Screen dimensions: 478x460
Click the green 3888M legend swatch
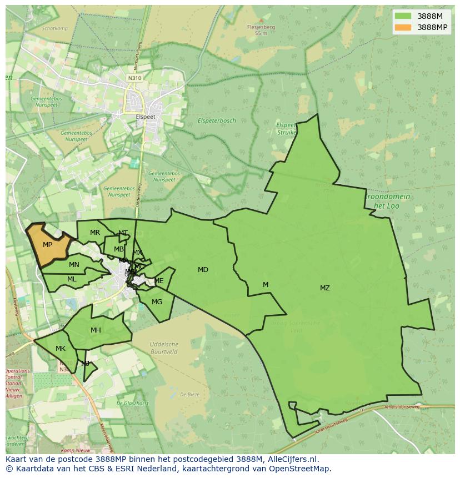[x=403, y=16]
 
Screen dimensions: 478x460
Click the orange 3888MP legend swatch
[x=403, y=27]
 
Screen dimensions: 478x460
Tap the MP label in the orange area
[x=47, y=245]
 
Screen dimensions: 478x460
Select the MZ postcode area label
[x=325, y=288]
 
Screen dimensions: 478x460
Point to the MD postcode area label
[x=203, y=270]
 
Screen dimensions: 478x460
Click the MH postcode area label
[x=96, y=330]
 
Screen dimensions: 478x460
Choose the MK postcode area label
[x=61, y=349]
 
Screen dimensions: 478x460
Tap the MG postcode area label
[x=157, y=302]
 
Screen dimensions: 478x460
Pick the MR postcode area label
[x=95, y=233]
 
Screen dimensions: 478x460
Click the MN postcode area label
[x=74, y=265]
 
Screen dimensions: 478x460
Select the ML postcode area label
[x=72, y=279]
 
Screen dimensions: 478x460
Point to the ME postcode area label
[x=159, y=281]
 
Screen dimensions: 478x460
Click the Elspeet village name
[x=146, y=117]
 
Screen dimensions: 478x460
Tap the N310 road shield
[x=134, y=78]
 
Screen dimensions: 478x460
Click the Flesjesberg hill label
[x=261, y=27]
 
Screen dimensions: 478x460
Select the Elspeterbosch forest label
[x=217, y=120]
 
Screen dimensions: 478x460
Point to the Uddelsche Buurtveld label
[x=164, y=348]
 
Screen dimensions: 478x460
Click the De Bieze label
[x=189, y=395]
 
